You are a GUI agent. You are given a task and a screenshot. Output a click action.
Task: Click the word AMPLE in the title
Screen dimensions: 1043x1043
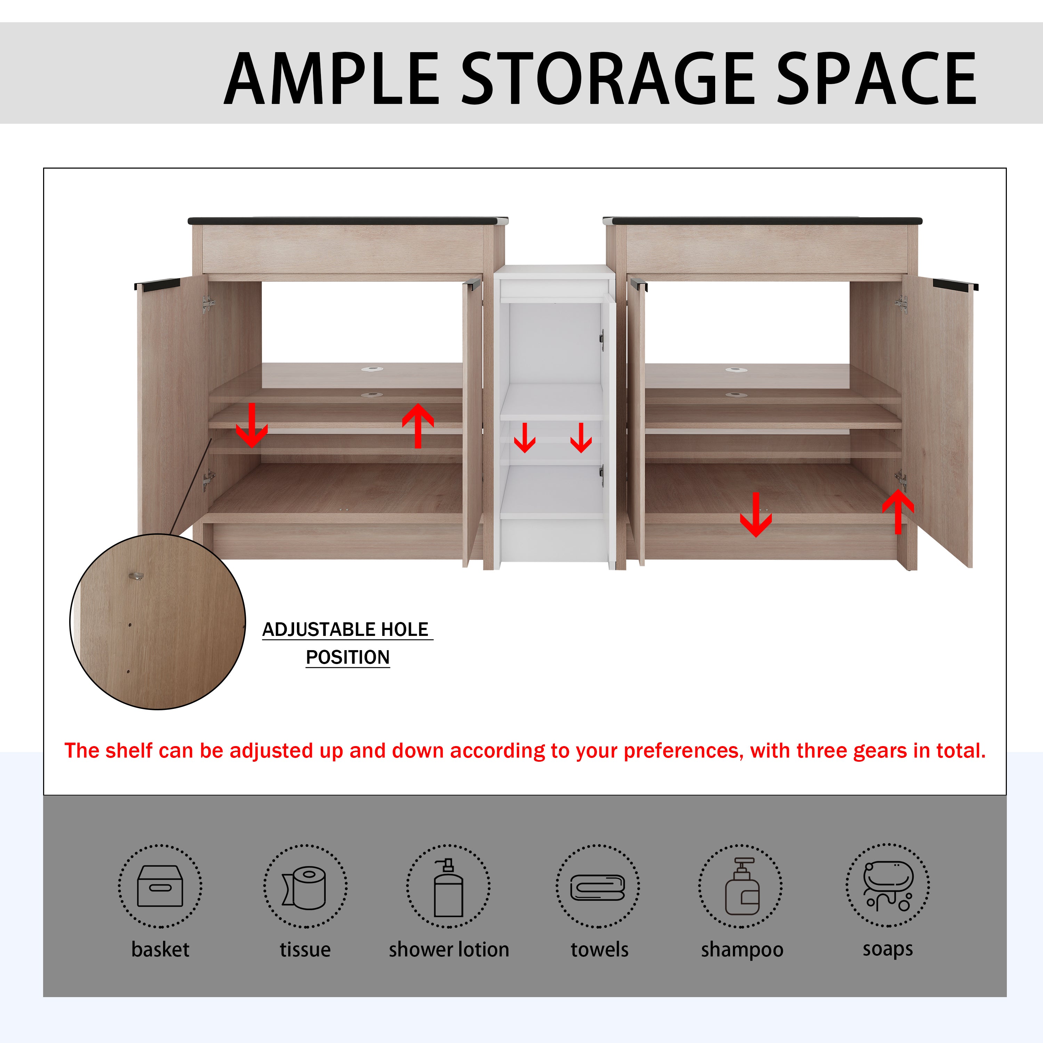pos(331,79)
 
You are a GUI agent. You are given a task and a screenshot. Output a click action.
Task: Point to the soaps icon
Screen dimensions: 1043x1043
pos(888,886)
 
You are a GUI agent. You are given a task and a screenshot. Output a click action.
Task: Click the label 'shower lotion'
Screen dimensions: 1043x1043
pos(448,949)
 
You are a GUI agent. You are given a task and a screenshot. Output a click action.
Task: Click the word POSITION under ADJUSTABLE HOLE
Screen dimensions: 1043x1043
pos(348,657)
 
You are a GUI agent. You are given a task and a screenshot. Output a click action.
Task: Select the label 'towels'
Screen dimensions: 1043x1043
pos(600,949)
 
